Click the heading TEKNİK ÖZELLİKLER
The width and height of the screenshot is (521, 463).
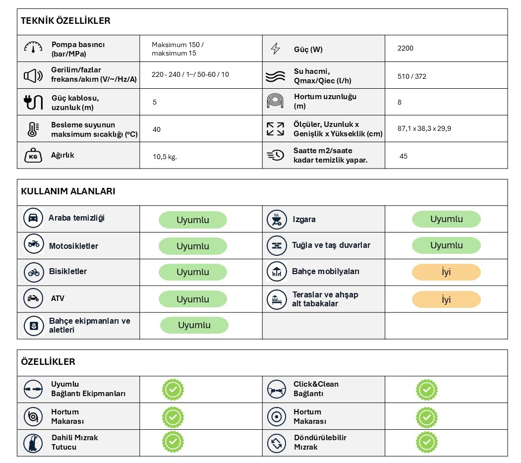coord(65,21)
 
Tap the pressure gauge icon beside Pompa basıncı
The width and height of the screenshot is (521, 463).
coord(33,48)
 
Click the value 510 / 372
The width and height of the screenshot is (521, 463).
coord(411,76)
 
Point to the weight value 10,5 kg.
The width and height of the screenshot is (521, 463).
coord(165,157)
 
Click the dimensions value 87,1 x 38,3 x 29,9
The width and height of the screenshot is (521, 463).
coord(424,129)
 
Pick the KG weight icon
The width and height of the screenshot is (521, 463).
coord(33,156)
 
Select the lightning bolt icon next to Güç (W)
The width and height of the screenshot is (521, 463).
coord(275,49)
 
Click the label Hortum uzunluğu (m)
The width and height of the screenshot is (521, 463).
coord(325,101)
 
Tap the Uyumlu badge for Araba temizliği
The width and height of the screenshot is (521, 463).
coord(193,220)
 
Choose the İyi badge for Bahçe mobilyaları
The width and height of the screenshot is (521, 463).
coord(446,272)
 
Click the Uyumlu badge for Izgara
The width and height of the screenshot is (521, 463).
coord(446,219)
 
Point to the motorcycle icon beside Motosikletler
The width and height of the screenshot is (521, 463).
coord(33,244)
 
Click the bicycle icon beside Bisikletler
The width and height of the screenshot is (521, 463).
coord(33,272)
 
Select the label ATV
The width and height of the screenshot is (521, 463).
coord(58,298)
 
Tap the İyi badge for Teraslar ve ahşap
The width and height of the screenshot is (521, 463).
coord(446,299)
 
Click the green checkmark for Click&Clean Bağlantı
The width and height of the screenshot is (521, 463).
coord(426,390)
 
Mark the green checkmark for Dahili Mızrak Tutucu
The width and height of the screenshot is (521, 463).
coord(173,441)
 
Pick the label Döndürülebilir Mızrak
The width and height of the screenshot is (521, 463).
coord(320,442)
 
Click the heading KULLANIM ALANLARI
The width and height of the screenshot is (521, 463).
coord(68,191)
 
